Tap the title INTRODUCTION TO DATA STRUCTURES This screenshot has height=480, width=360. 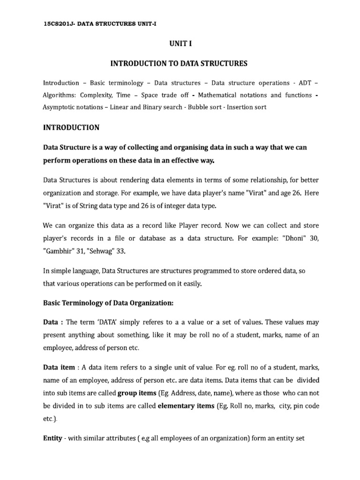click(179, 63)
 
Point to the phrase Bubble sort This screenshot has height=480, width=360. click(205, 107)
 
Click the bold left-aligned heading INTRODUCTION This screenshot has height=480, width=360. click(71, 127)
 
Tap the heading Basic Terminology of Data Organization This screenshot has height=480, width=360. click(108, 303)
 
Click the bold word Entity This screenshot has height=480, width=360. click(52, 438)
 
